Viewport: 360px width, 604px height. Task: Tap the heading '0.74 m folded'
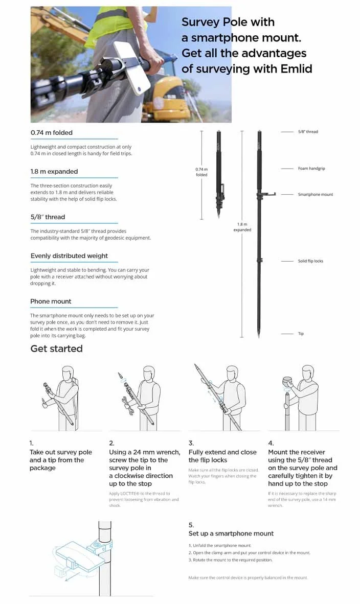[52, 133]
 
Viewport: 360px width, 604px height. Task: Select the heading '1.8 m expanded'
[54, 172]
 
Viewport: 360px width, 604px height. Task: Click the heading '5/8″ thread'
[48, 217]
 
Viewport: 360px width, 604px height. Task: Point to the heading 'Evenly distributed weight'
[69, 256]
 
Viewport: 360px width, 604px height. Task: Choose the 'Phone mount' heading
[51, 301]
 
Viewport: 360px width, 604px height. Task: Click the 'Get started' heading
[56, 349]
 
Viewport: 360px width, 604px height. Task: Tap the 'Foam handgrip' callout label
[311, 169]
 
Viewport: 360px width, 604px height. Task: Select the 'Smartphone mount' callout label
[315, 195]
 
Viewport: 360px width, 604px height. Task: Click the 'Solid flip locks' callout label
[310, 261]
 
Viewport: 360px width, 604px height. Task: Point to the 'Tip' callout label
[301, 334]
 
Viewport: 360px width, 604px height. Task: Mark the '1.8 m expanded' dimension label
[242, 227]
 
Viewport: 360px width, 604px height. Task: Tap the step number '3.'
[191, 444]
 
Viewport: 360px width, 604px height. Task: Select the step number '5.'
[191, 525]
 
